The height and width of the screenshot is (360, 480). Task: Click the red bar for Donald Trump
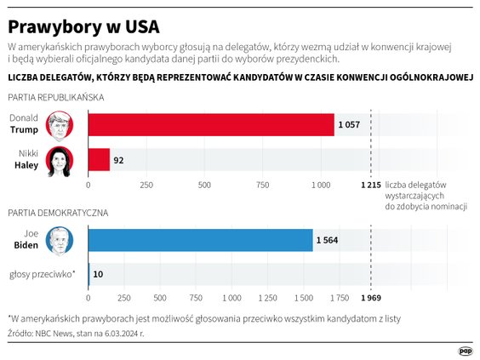click(x=211, y=125)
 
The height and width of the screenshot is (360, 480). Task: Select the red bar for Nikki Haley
click(x=99, y=160)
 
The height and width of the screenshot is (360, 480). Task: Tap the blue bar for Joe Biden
click(x=200, y=240)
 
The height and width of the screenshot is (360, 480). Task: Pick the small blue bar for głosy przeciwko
click(x=89, y=274)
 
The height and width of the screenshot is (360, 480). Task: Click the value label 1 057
click(x=350, y=125)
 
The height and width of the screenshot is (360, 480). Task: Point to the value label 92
click(x=119, y=160)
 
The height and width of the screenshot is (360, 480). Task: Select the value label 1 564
click(x=328, y=240)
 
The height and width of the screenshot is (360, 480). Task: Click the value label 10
click(x=99, y=274)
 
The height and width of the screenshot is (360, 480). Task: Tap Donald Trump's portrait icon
click(x=59, y=124)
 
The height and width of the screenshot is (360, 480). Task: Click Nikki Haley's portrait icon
click(x=59, y=159)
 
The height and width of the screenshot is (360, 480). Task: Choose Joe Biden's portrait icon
click(x=59, y=240)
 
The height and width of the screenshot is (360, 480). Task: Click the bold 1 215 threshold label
click(x=370, y=184)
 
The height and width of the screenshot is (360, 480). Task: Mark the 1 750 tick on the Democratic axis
click(x=339, y=298)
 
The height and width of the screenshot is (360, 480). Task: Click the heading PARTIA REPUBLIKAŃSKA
click(x=56, y=97)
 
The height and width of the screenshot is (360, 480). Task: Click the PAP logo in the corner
click(x=465, y=349)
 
